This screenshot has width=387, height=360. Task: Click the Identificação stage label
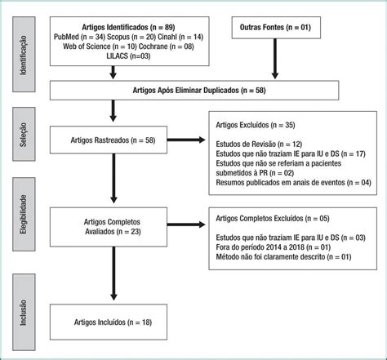click(x=24, y=55)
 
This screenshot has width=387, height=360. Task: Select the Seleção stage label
click(x=24, y=134)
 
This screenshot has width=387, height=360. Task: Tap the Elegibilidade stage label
click(x=24, y=214)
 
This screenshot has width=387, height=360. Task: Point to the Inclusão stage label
click(x=24, y=312)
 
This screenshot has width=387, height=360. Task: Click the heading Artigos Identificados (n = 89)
click(x=128, y=27)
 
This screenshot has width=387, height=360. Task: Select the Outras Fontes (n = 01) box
click(x=276, y=28)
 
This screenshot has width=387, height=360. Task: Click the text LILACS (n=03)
click(x=128, y=56)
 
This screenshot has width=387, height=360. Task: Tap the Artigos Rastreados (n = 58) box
click(x=109, y=140)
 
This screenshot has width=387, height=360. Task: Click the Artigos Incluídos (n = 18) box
click(x=109, y=322)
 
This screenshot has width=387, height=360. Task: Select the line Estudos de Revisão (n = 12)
click(x=259, y=144)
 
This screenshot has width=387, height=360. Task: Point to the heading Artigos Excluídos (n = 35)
click(x=256, y=125)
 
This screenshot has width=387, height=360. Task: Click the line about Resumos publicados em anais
click(x=293, y=182)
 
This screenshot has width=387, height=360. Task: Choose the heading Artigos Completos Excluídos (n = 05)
click(x=273, y=219)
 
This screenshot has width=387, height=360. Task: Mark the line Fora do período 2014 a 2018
click(x=273, y=247)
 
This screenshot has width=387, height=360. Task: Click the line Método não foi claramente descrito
click(x=283, y=257)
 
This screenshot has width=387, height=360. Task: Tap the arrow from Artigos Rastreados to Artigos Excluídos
click(x=186, y=140)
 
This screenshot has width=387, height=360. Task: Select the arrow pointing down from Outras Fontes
click(x=275, y=59)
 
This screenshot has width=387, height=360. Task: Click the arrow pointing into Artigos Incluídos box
click(x=113, y=273)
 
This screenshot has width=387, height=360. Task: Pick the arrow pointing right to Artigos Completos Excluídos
click(x=186, y=224)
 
